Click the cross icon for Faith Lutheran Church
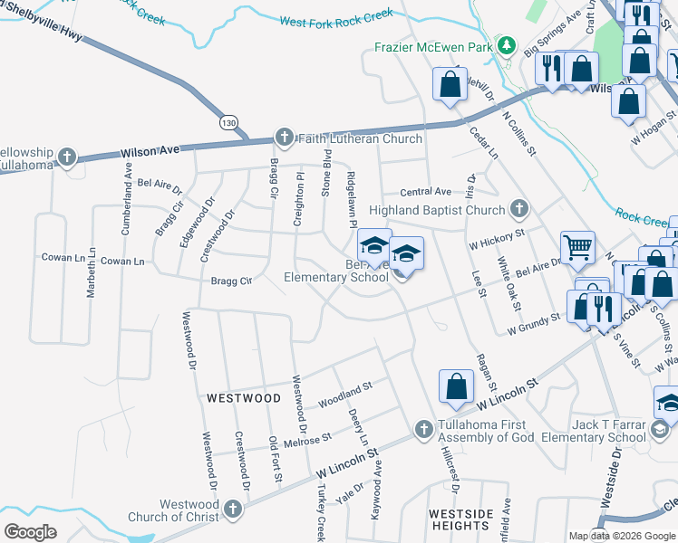coord(284,138)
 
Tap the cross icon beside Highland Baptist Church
coord(518,210)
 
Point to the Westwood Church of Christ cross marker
coord(232,510)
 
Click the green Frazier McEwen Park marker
coord(509,45)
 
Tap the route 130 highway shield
coord(228,120)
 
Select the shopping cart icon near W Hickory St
coord(577,246)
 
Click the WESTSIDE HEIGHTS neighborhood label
coord(460,519)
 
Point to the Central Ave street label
coord(425,192)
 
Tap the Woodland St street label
coord(344,395)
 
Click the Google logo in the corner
coord(30,531)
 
